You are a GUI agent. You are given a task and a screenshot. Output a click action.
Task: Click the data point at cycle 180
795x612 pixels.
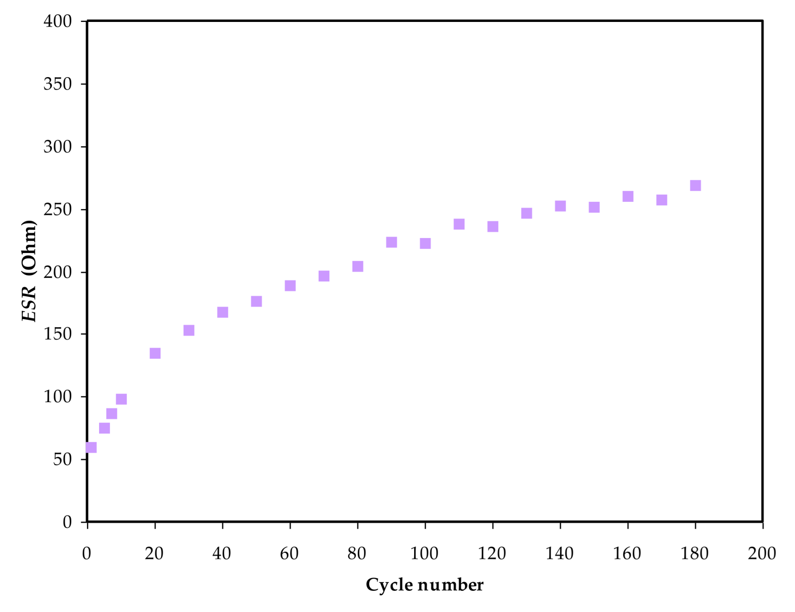695,186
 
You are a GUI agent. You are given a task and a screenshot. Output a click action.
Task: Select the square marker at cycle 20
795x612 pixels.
155,353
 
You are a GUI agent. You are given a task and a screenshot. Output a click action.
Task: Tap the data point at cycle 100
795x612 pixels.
425,244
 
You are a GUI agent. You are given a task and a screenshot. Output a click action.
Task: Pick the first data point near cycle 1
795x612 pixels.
91,448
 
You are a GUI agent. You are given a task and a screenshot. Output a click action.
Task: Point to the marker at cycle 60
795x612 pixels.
290,286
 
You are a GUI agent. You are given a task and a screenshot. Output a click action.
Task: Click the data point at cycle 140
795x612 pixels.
560,206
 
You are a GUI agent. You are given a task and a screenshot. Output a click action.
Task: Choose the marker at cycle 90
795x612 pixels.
391,242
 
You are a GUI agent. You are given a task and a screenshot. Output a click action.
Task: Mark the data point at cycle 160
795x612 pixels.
628,197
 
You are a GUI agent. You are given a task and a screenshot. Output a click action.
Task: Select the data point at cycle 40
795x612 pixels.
223,312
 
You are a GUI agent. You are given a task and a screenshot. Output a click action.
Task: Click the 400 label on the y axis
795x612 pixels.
58,21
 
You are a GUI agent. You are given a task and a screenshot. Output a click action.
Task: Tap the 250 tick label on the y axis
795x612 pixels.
58,210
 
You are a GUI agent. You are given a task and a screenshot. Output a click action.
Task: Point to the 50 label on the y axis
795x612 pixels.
62,459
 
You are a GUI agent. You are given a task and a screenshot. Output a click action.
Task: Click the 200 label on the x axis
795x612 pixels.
762,554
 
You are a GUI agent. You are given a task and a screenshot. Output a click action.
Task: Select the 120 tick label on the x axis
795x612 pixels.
492,554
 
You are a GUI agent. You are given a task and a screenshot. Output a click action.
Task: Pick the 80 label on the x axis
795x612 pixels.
357,554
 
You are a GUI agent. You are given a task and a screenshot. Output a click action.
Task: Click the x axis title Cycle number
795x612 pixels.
425,585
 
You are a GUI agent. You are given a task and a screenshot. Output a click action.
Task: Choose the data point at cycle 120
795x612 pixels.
493,227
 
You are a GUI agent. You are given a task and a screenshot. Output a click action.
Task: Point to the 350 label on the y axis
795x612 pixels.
58,84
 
